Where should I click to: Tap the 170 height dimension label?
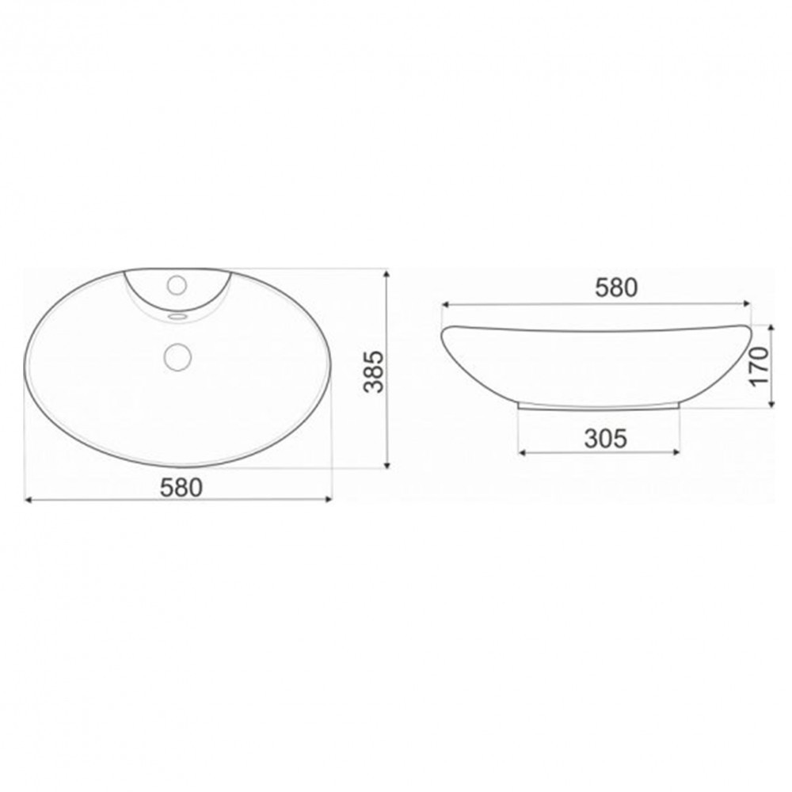point(760,365)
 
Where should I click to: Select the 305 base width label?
point(605,437)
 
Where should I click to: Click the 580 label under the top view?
point(181,486)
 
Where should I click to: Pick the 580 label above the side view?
point(615,287)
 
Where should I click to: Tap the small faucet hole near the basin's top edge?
point(177,283)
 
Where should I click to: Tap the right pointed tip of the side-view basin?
point(748,328)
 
